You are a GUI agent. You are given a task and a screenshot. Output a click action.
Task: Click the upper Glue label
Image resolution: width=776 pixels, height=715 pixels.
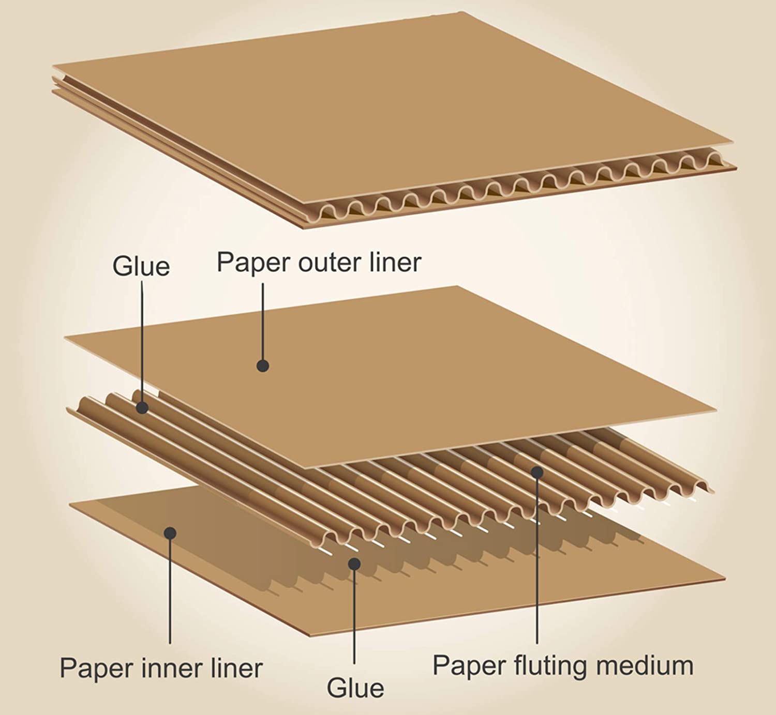pos(141,267)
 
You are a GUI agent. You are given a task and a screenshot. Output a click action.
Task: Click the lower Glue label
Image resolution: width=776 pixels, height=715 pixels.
pos(355,688)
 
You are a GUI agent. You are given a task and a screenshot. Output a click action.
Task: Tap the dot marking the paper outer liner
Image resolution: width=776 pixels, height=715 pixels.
pos(263,366)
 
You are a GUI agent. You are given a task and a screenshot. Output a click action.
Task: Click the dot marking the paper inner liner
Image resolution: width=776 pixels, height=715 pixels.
pos(170,533)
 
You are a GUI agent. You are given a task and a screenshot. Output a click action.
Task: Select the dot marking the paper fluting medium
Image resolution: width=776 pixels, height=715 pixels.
pos(537,471)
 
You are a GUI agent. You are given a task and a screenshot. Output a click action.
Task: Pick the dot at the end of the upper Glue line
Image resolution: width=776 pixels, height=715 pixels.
pos(142,408)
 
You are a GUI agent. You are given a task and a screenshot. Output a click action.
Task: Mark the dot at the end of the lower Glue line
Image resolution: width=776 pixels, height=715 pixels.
pos(354,563)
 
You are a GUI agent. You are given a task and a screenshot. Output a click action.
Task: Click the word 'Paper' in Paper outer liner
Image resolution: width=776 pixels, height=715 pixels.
pos(252,263)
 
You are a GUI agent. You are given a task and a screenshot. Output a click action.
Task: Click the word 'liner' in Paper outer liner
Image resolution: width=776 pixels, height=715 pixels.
pos(395,263)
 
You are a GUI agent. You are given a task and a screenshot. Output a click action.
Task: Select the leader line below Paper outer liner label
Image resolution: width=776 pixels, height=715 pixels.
pos(263,321)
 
